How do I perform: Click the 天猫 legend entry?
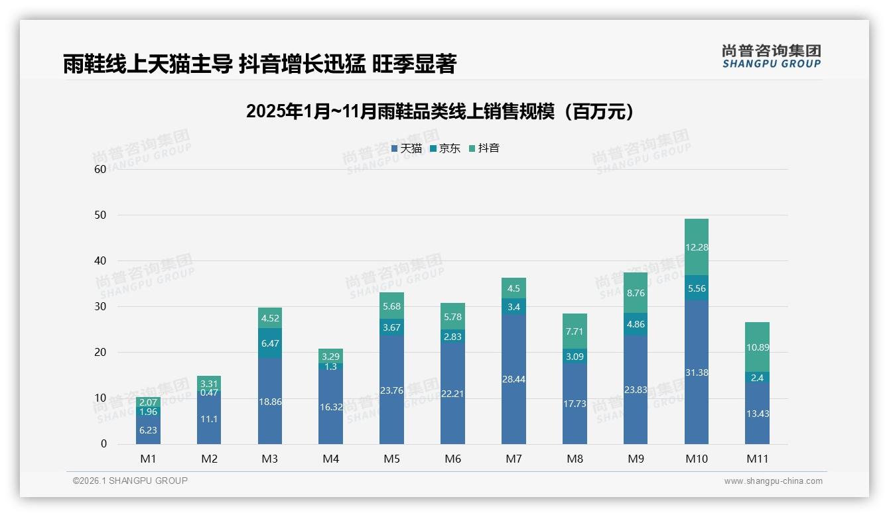(407, 148)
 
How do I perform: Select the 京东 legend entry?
(445, 148)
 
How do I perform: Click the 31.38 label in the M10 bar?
(696, 373)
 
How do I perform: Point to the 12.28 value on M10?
(696, 247)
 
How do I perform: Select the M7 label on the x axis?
(513, 459)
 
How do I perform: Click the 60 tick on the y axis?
(100, 169)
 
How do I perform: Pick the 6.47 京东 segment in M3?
(270, 344)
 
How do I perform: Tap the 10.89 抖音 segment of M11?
(757, 347)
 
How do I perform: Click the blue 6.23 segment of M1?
(148, 430)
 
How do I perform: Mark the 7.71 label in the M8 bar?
(575, 331)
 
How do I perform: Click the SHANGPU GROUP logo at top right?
(771, 56)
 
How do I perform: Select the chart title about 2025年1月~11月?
(440, 111)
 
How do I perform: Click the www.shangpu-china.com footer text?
(773, 481)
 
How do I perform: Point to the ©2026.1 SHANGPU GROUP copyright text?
(130, 481)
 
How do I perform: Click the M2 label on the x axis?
(209, 459)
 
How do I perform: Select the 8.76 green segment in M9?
(635, 293)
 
